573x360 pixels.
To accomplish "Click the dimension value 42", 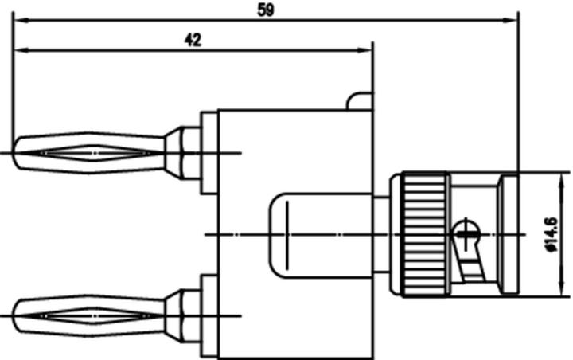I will [192, 40].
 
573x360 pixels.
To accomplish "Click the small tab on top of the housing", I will [359, 101].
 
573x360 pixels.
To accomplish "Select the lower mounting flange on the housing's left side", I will [209, 315].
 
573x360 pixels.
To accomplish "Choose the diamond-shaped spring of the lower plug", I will [92, 315].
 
